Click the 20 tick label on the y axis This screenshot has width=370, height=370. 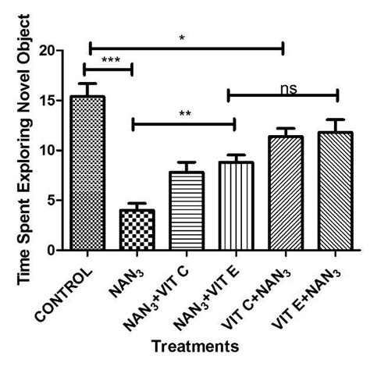tap(53, 50)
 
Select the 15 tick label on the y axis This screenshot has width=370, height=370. tap(53, 100)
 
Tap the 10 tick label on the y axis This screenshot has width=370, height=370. tap(53, 150)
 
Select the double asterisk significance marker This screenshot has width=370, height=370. tap(184, 113)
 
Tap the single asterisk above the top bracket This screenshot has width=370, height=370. tap(182, 36)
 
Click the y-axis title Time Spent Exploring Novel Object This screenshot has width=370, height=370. tap(25, 148)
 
